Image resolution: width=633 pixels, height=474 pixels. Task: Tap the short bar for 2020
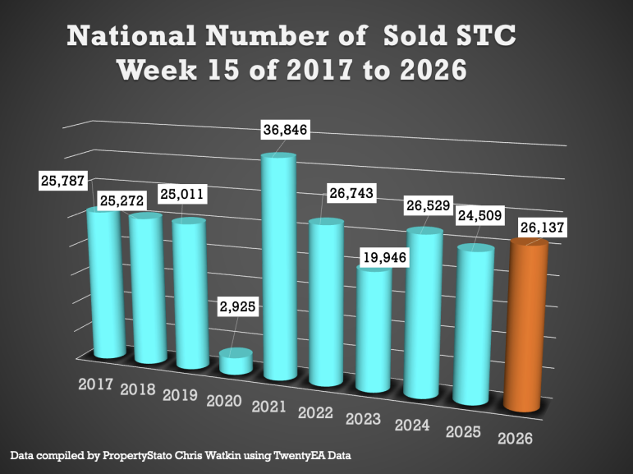pyautogui.click(x=236, y=362)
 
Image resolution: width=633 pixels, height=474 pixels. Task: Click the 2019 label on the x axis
pyautogui.click(x=181, y=394)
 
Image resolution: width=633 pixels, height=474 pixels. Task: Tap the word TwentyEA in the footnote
pyautogui.click(x=294, y=454)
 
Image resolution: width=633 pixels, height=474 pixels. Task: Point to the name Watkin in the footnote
pyautogui.click(x=216, y=454)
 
